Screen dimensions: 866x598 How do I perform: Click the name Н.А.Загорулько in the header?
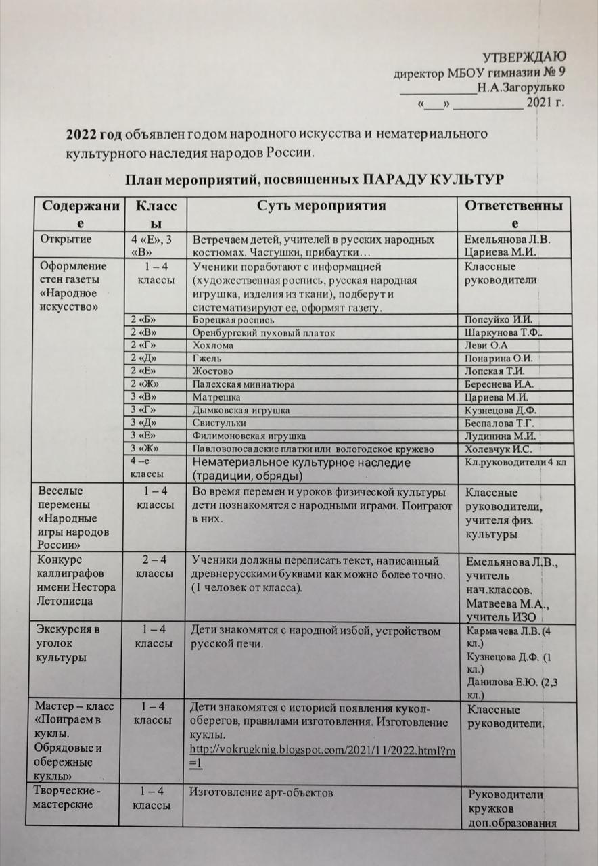[x=521, y=87]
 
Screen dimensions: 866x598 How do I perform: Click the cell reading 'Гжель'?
[x=207, y=359]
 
